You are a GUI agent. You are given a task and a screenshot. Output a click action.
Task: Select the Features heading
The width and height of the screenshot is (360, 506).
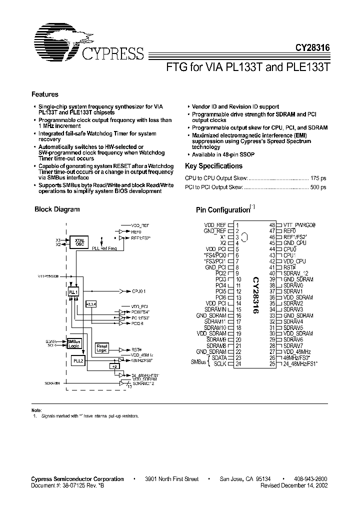[x=45, y=94]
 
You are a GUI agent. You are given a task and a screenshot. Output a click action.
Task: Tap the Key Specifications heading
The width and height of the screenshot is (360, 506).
[x=213, y=166]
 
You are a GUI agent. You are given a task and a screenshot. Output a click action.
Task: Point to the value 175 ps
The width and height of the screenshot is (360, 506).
[x=318, y=177]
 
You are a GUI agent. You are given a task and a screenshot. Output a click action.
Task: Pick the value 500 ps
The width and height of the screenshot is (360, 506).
[x=318, y=187]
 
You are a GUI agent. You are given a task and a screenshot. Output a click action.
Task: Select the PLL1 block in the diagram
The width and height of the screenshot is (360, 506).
[x=73, y=291]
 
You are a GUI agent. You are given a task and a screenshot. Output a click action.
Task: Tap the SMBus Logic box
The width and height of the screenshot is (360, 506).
[x=74, y=342]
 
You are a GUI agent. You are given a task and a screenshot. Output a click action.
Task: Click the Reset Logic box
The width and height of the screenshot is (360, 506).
[x=102, y=347]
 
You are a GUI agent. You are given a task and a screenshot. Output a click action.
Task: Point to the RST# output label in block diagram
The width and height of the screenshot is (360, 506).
[x=136, y=349]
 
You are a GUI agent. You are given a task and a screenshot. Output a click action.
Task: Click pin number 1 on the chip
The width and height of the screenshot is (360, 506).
[x=237, y=225]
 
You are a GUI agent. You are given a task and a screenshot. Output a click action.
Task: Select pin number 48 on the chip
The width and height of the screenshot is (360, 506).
[x=272, y=225]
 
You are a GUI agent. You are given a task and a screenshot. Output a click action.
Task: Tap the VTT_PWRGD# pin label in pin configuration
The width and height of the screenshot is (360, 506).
[x=299, y=225]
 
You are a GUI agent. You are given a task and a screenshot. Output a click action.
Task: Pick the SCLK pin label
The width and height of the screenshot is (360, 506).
[x=219, y=364]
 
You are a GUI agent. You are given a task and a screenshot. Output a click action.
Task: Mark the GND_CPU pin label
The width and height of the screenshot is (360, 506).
[x=295, y=243]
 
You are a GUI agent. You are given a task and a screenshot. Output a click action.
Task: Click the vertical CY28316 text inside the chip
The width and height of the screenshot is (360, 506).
[x=255, y=295]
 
